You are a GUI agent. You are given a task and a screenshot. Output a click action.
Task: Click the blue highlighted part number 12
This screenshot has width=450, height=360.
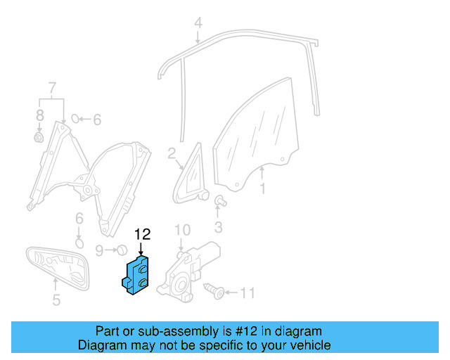pos(138,275)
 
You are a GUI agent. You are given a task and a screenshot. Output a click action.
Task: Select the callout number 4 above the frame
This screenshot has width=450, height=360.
pos(198,23)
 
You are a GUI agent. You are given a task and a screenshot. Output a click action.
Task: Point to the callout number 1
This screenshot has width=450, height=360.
pos(263,188)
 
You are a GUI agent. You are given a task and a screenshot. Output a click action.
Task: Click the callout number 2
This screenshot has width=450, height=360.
pos(172,153)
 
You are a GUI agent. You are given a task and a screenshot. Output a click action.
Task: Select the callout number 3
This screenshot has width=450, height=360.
pos(218,226)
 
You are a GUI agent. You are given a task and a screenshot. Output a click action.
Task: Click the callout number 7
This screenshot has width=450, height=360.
pos(51,88)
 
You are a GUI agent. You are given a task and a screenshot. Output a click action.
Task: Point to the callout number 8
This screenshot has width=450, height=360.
pos(39,114)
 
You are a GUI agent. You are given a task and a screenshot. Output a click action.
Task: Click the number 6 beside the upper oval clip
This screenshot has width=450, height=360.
pos(97,120)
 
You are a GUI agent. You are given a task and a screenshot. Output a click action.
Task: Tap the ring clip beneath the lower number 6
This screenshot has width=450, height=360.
pos(80,243)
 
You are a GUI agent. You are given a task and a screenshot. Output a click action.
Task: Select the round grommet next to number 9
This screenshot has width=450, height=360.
pos(121,249)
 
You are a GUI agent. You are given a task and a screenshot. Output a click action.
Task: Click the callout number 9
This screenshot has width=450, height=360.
pos(99,250)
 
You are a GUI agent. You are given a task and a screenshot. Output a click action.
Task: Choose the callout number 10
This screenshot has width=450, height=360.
pos(182,230)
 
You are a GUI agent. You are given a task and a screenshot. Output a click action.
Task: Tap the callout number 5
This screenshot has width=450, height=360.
pos(56,301)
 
